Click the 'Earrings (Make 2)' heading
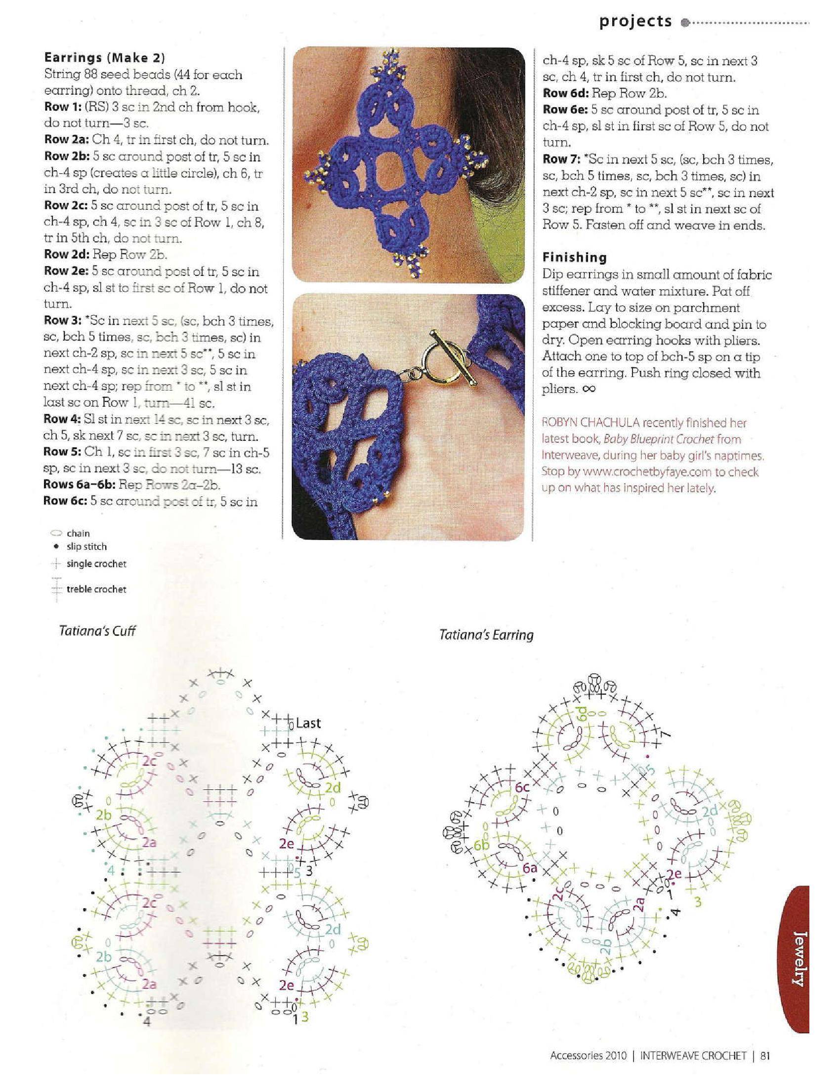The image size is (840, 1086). click(104, 58)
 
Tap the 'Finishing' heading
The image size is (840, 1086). click(574, 257)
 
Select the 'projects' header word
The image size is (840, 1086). click(635, 21)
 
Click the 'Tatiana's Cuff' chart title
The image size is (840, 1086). click(97, 631)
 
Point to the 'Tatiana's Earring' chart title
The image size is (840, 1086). click(486, 635)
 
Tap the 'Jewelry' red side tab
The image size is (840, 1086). click(797, 961)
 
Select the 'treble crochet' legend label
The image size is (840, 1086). click(96, 589)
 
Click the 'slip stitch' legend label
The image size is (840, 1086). click(86, 546)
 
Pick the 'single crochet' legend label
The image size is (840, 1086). click(96, 564)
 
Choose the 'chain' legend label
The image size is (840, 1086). click(78, 534)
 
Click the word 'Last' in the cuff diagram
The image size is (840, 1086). click(308, 723)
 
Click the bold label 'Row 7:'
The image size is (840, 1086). click(561, 159)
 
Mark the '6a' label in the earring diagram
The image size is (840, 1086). click(531, 868)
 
